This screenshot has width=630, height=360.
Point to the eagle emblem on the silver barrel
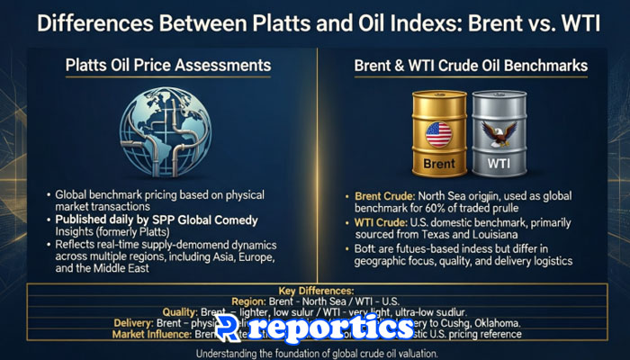coord(498,135)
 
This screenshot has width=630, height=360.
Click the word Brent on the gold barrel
coord(438,165)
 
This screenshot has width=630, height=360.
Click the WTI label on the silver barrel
coord(498,166)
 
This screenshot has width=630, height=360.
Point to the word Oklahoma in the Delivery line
coord(499,321)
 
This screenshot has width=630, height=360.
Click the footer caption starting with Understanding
coord(314,352)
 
